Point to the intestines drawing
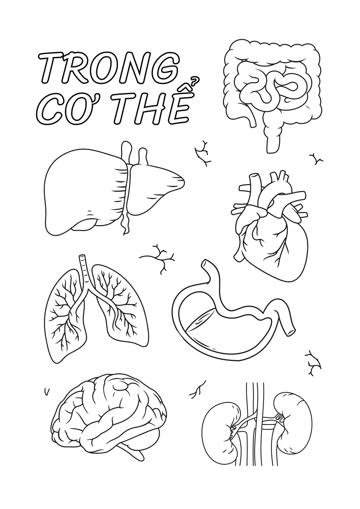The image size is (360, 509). tap(272, 91)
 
